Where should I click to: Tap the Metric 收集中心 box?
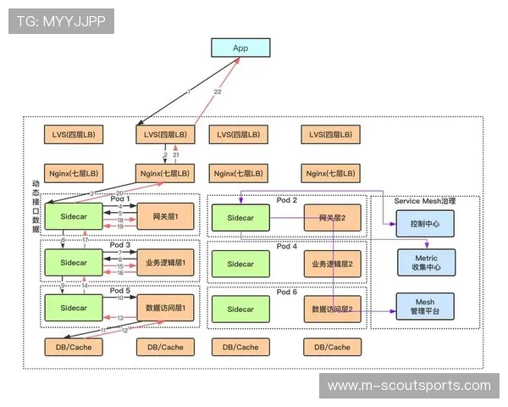425,262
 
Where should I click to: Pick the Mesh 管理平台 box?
425,307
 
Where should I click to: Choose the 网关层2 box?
333,218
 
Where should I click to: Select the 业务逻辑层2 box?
333,264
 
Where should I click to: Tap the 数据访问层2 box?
333,309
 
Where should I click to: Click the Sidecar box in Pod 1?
75,218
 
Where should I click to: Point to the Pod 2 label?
287,201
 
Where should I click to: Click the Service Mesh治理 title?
425,201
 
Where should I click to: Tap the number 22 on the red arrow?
218,92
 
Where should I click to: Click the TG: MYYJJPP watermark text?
61,21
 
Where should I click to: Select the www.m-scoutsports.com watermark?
409,386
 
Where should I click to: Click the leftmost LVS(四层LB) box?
73,134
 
